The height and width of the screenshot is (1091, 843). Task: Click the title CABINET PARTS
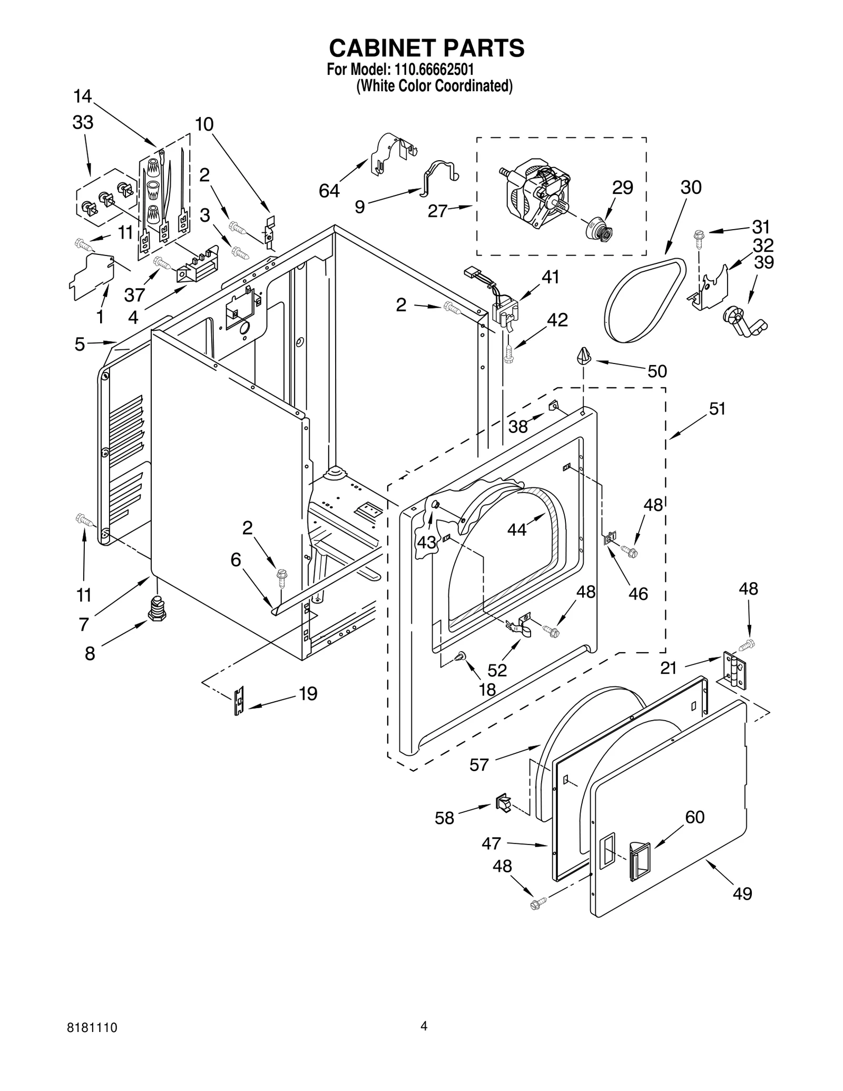pyautogui.click(x=426, y=48)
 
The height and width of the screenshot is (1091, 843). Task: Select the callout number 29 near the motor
pyautogui.click(x=622, y=188)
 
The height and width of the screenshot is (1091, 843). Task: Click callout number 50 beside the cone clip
pyautogui.click(x=657, y=371)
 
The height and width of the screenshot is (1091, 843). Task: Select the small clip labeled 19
pyautogui.click(x=239, y=701)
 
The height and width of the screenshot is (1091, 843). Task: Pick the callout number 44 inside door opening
pyautogui.click(x=517, y=529)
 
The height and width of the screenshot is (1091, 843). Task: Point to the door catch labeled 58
pyautogui.click(x=503, y=804)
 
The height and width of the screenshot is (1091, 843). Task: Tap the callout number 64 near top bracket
pyautogui.click(x=329, y=191)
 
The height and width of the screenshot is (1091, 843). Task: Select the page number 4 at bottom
pyautogui.click(x=424, y=1039)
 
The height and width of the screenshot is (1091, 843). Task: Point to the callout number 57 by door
pyautogui.click(x=479, y=764)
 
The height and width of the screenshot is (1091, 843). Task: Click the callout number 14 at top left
pyautogui.click(x=83, y=96)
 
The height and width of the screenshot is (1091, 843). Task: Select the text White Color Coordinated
pyautogui.click(x=434, y=86)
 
